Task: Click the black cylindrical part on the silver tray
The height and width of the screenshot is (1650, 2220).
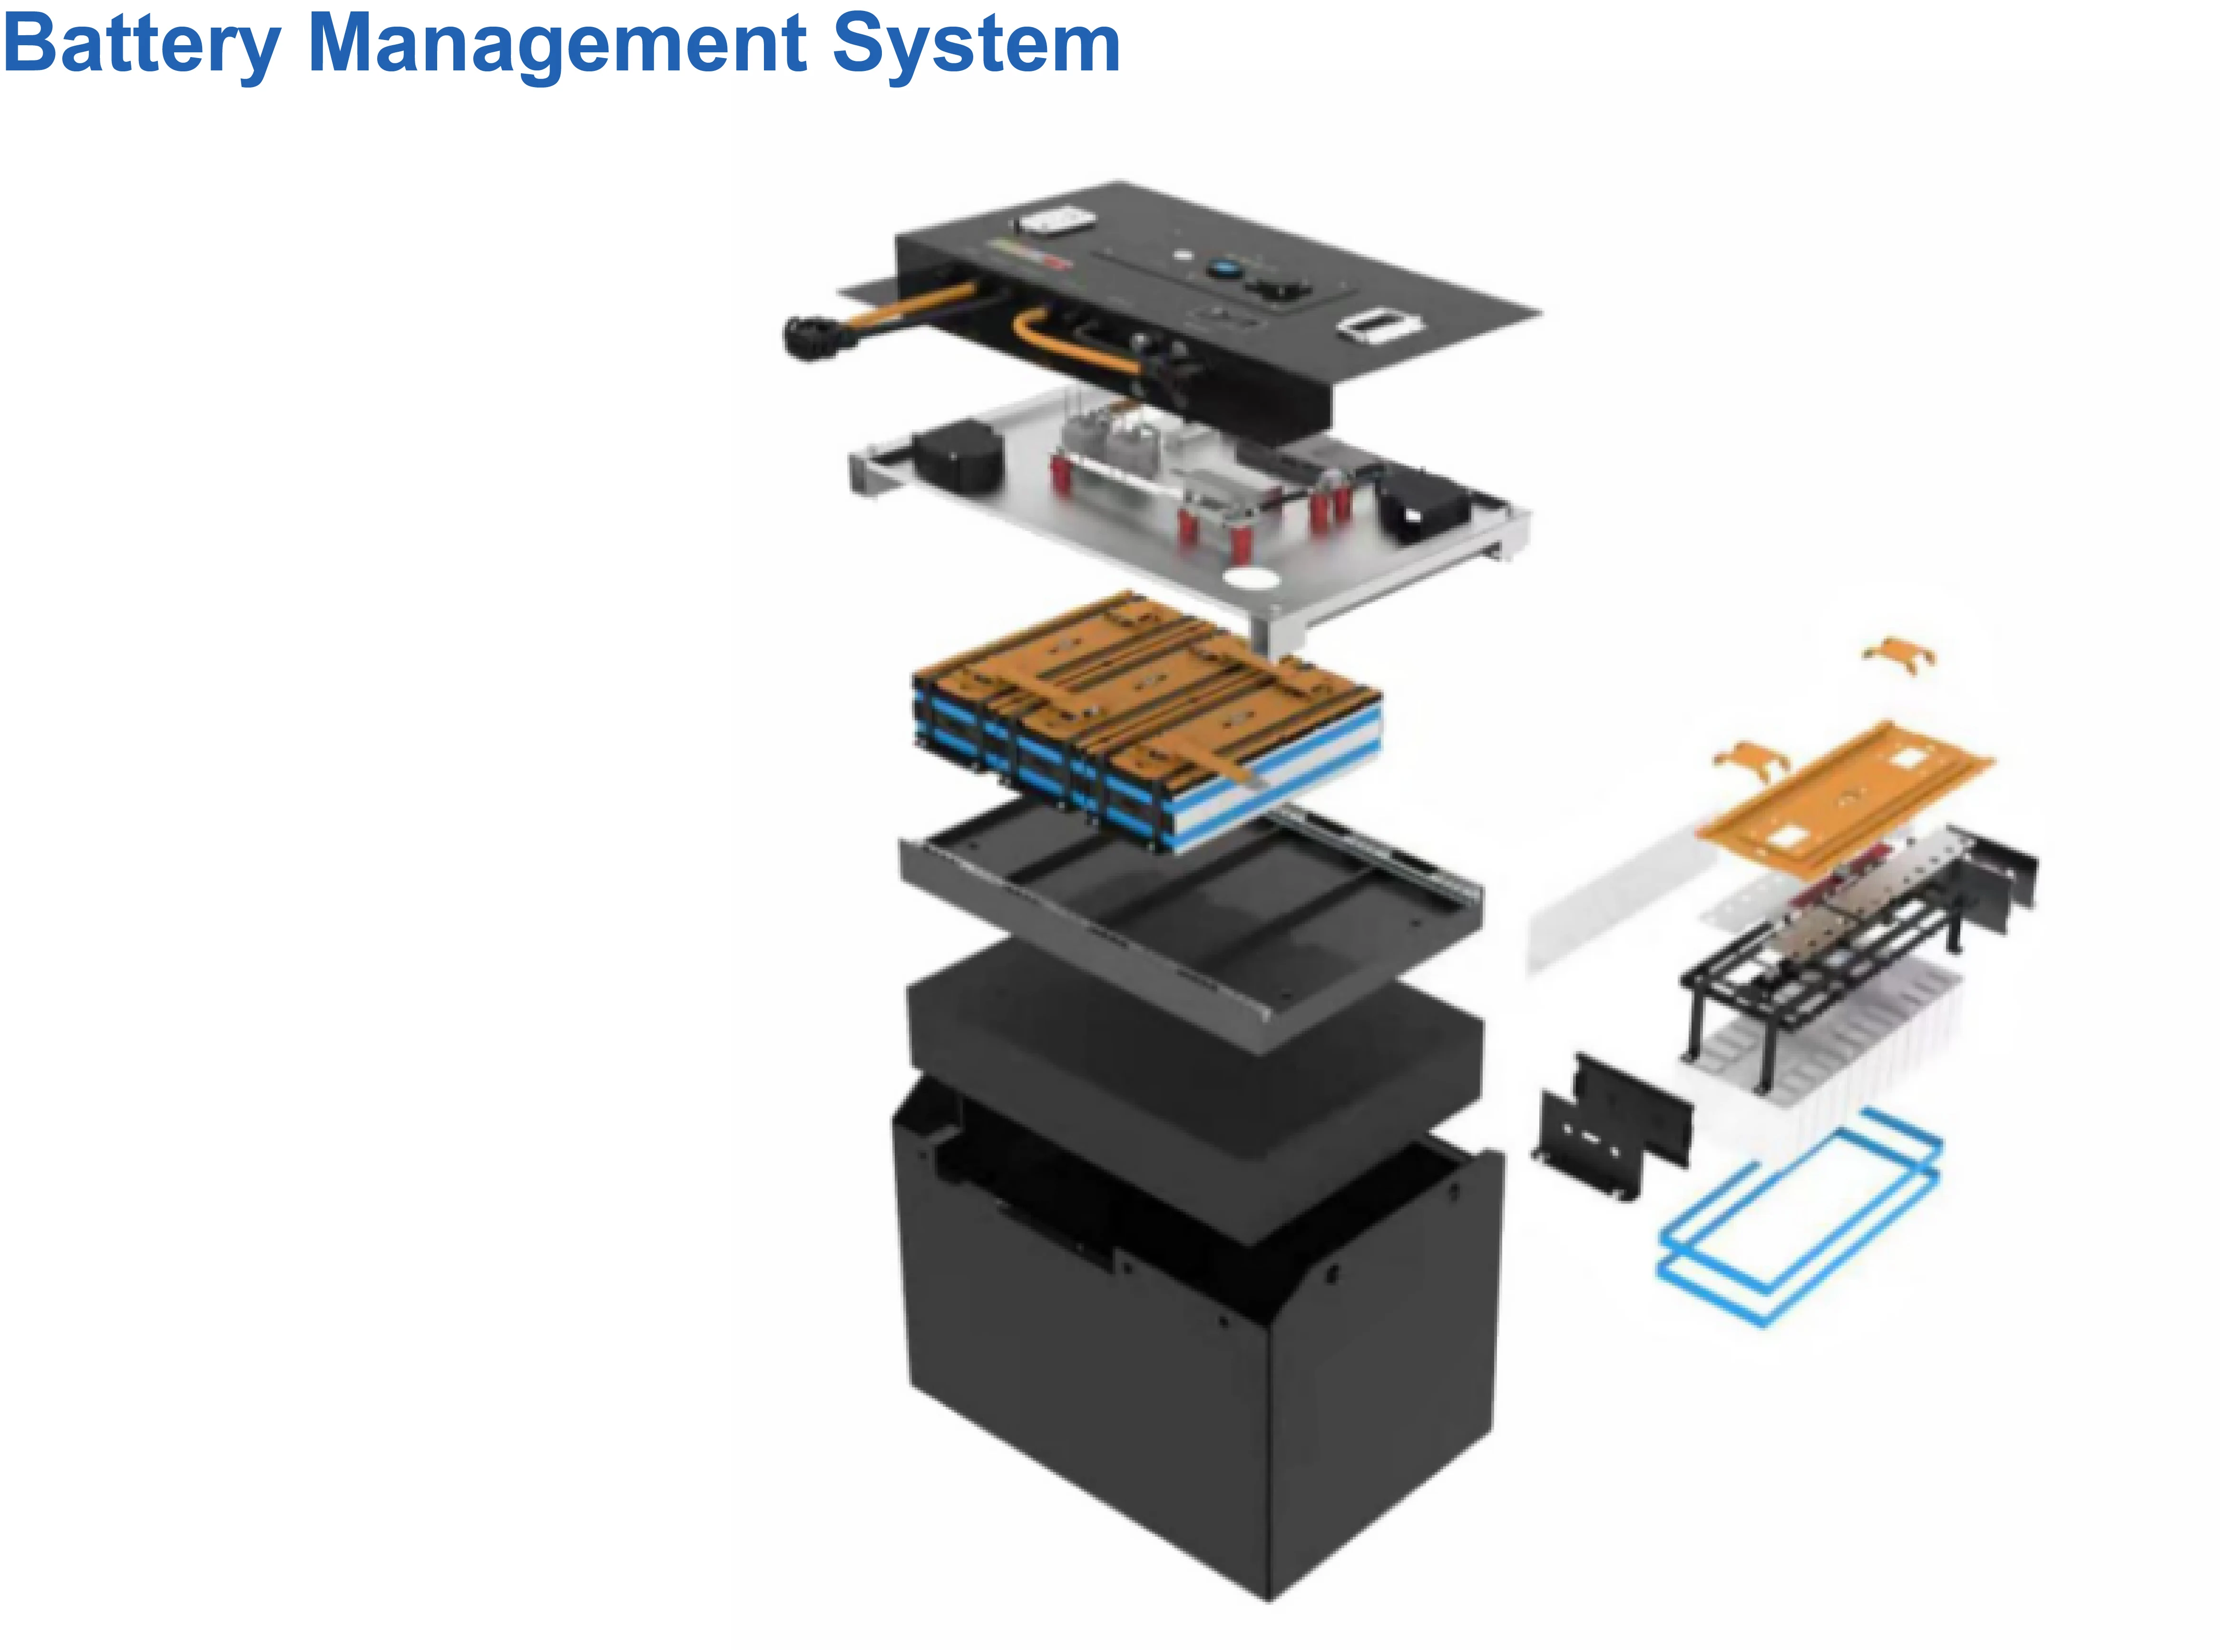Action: point(958,457)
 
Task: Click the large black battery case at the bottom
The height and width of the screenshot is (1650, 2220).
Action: point(1188,1378)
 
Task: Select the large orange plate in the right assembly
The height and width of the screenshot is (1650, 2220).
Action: point(1848,794)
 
